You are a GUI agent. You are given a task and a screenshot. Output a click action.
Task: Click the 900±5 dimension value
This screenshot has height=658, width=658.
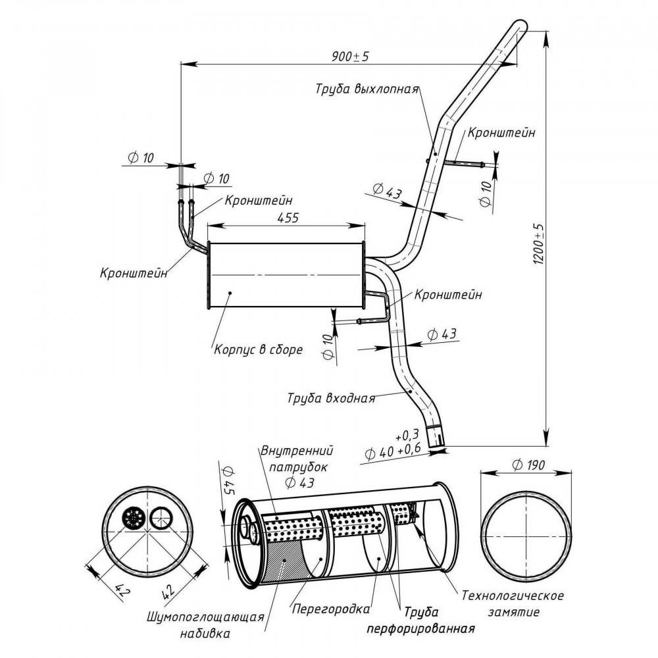pyautogui.click(x=350, y=56)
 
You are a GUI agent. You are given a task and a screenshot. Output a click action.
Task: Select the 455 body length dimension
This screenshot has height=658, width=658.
pyautogui.click(x=288, y=217)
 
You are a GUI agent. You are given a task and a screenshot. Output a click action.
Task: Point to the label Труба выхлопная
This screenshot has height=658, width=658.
pyautogui.click(x=367, y=89)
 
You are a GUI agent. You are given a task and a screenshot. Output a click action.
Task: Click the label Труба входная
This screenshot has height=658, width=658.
pyautogui.click(x=331, y=398)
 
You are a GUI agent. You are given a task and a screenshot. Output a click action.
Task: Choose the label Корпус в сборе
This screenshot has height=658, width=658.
pyautogui.click(x=258, y=349)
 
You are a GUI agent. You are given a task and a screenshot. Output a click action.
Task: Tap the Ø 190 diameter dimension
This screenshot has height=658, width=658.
pyautogui.click(x=528, y=465)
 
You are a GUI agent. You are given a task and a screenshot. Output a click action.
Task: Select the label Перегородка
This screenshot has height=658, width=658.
pyautogui.click(x=331, y=609)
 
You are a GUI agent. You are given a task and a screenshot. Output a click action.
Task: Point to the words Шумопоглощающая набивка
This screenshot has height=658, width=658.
pyautogui.click(x=205, y=625)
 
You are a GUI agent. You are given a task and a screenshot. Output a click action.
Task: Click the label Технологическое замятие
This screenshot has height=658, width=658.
pyautogui.click(x=513, y=603)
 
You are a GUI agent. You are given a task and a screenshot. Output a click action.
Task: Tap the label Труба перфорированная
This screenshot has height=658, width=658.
pyautogui.click(x=421, y=620)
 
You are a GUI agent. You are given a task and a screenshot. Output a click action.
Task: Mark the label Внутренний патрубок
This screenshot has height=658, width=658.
pyautogui.click(x=297, y=459)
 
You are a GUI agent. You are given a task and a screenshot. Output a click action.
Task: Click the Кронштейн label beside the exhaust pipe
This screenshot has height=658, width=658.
pyautogui.click(x=501, y=133)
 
